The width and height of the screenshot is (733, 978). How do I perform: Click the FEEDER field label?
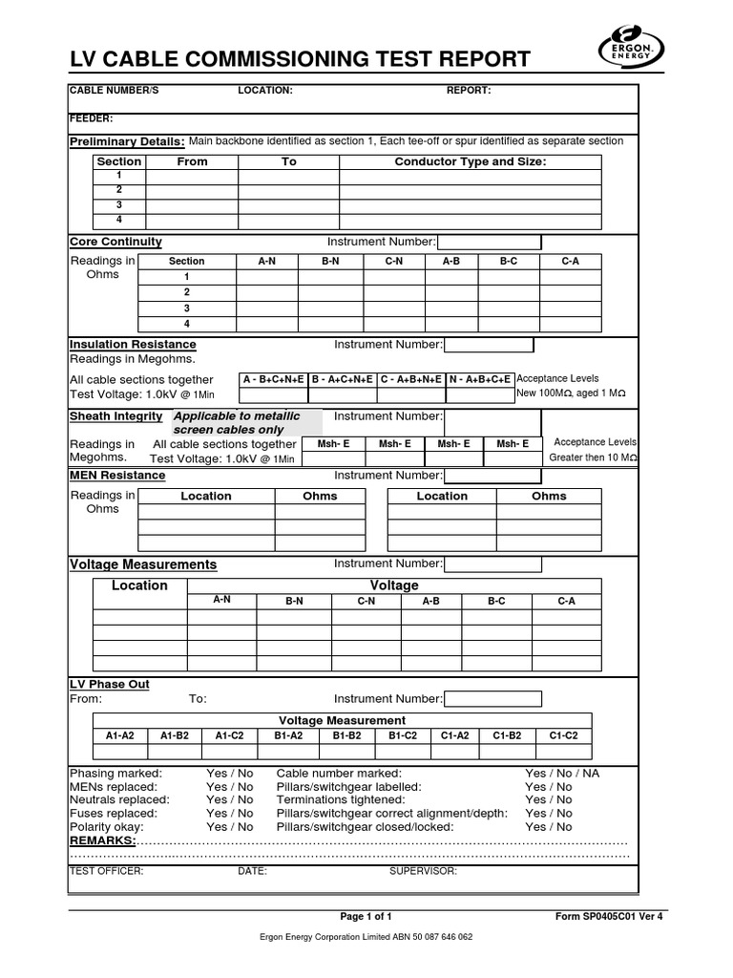(92, 118)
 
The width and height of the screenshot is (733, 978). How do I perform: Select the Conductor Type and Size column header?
(471, 161)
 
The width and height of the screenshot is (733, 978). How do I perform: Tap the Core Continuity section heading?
(116, 242)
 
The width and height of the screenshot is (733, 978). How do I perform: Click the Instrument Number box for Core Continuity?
(489, 243)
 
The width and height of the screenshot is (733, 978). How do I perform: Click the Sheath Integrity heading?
(116, 416)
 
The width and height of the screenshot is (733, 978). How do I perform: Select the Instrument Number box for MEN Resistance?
(488, 476)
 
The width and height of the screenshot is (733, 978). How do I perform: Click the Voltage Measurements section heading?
(143, 564)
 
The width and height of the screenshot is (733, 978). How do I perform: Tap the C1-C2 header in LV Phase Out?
(563, 735)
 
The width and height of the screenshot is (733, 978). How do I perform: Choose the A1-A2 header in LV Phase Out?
(119, 735)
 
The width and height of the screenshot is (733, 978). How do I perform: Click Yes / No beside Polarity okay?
(230, 826)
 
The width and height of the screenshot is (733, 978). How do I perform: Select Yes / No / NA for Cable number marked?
(562, 773)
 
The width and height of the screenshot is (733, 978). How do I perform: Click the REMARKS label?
(103, 840)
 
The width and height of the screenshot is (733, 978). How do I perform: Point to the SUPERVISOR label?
(423, 872)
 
